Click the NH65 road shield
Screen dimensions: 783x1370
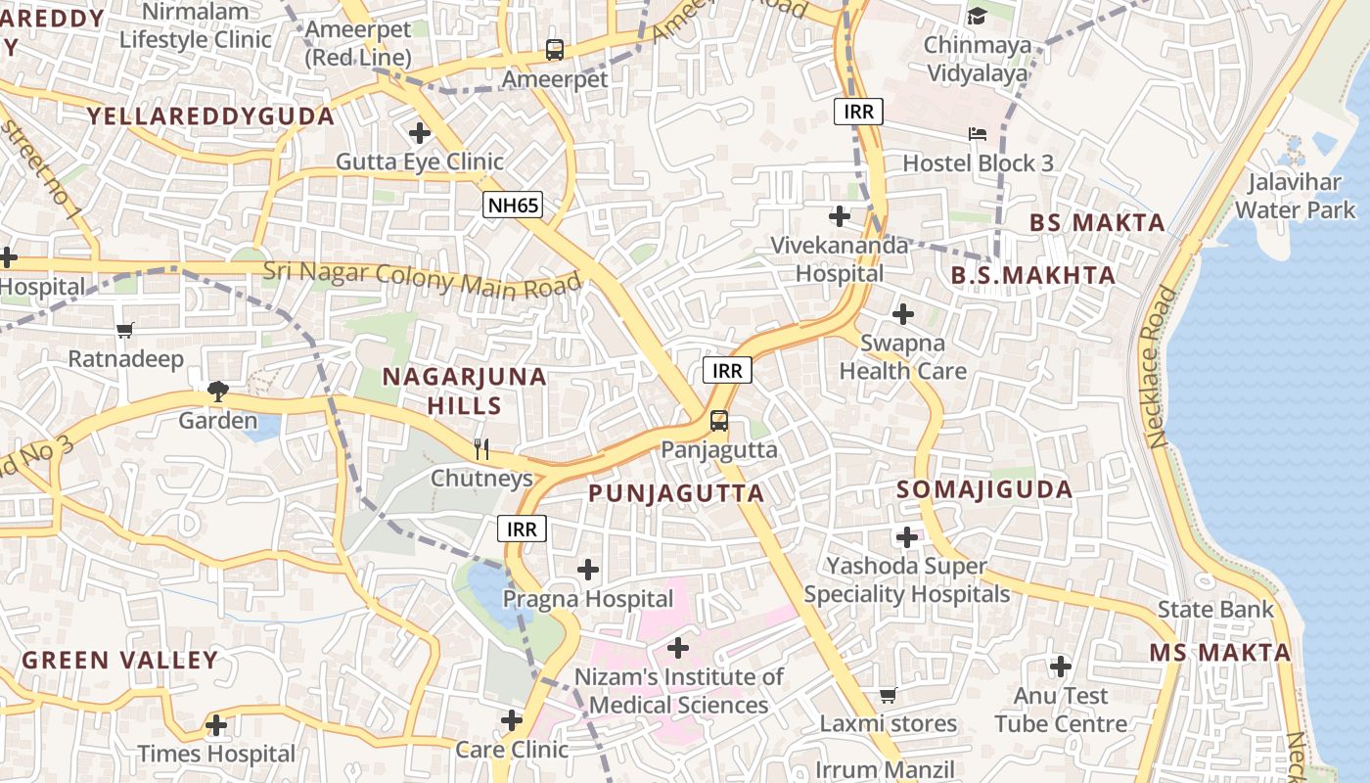click(513, 205)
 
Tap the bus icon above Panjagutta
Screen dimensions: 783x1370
click(718, 421)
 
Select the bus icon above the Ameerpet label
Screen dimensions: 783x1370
click(555, 49)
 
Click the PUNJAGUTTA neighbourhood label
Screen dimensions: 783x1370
click(676, 493)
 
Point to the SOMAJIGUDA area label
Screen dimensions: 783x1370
click(984, 489)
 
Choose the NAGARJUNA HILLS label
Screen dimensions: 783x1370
click(464, 391)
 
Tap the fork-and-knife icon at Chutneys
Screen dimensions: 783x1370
click(480, 449)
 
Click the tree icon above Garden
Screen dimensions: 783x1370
click(217, 391)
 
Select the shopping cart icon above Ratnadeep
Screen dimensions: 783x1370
click(124, 330)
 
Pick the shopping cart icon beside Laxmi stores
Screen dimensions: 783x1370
click(888, 695)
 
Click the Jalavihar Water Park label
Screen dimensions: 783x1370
click(1295, 196)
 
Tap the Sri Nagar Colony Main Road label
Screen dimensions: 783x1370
click(422, 278)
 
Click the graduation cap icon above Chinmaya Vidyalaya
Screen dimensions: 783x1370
click(977, 16)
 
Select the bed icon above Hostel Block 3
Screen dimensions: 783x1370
click(977, 134)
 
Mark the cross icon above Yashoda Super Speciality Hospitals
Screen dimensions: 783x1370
click(907, 536)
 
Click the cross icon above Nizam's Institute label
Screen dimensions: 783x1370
click(677, 647)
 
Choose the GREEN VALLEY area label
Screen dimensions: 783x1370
click(119, 660)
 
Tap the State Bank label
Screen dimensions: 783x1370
click(1215, 610)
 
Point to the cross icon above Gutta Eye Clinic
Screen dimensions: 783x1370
click(420, 132)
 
